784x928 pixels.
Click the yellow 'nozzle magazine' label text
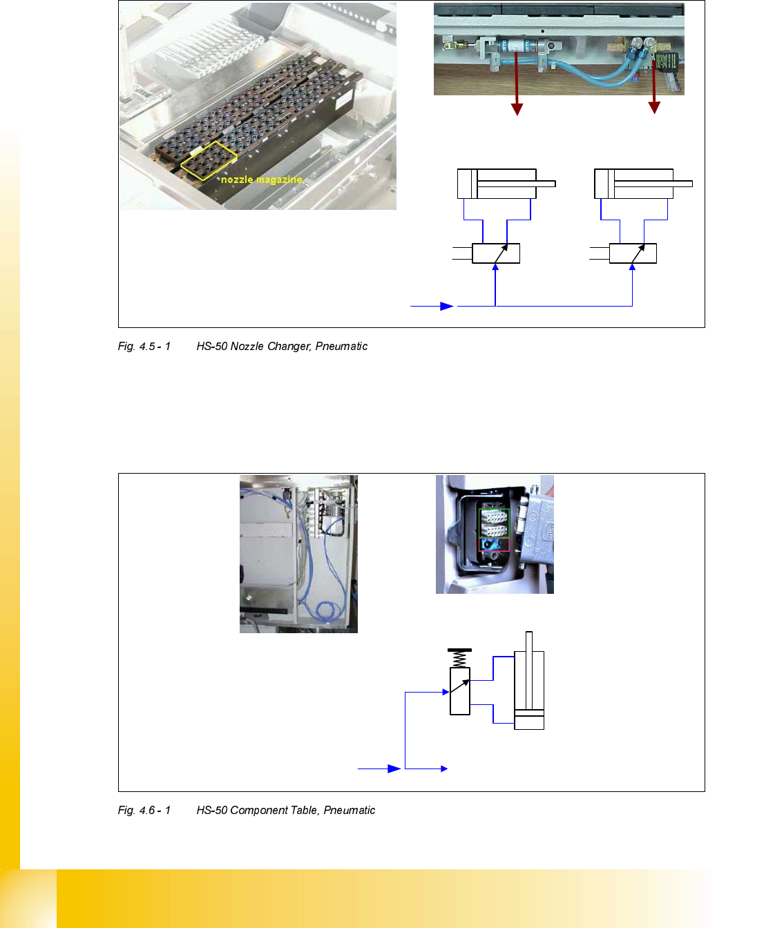(x=261, y=180)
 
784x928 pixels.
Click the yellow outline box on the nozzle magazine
(x=208, y=161)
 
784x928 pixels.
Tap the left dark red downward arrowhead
(x=517, y=108)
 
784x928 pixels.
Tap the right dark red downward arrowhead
(x=654, y=107)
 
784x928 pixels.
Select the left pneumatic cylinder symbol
(x=506, y=184)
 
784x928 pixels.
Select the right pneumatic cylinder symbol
(x=643, y=184)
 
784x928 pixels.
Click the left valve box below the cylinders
(x=495, y=253)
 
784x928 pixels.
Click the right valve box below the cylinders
(x=633, y=253)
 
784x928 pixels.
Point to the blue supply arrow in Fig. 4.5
(x=446, y=306)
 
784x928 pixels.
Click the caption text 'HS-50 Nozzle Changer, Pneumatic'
(x=282, y=346)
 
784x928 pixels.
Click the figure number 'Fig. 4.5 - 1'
(x=144, y=346)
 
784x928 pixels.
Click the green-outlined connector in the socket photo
(x=494, y=523)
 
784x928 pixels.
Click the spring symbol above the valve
(x=460, y=658)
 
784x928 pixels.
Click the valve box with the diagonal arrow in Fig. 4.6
(x=460, y=690)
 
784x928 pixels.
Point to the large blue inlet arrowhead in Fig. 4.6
(x=394, y=768)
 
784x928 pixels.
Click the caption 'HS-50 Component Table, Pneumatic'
(x=285, y=810)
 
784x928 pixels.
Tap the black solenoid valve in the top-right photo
(x=667, y=62)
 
